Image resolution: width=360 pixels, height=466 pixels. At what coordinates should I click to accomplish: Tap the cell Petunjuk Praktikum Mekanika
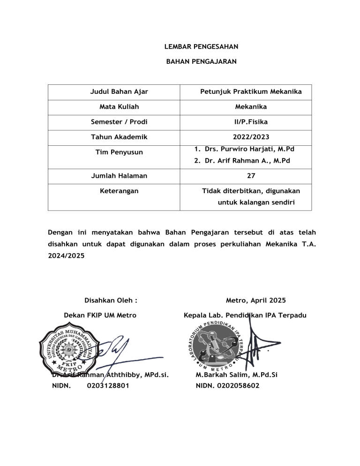(x=251, y=92)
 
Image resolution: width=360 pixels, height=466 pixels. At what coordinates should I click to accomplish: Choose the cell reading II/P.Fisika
(x=251, y=122)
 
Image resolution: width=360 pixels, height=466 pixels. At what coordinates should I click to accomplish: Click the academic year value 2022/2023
(x=251, y=137)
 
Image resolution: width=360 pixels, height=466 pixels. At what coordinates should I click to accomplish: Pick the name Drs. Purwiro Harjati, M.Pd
(x=249, y=149)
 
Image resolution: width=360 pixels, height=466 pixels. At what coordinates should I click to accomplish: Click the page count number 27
(x=251, y=176)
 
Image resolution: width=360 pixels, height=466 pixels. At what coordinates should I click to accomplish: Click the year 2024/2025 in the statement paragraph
(x=67, y=256)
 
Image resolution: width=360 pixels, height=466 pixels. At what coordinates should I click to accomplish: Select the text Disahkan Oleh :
(x=110, y=300)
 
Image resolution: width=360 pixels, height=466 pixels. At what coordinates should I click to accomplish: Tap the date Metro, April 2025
(x=255, y=300)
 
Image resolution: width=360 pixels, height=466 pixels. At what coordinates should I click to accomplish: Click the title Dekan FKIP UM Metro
(x=100, y=316)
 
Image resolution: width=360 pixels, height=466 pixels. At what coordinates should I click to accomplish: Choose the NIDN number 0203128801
(x=108, y=385)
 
